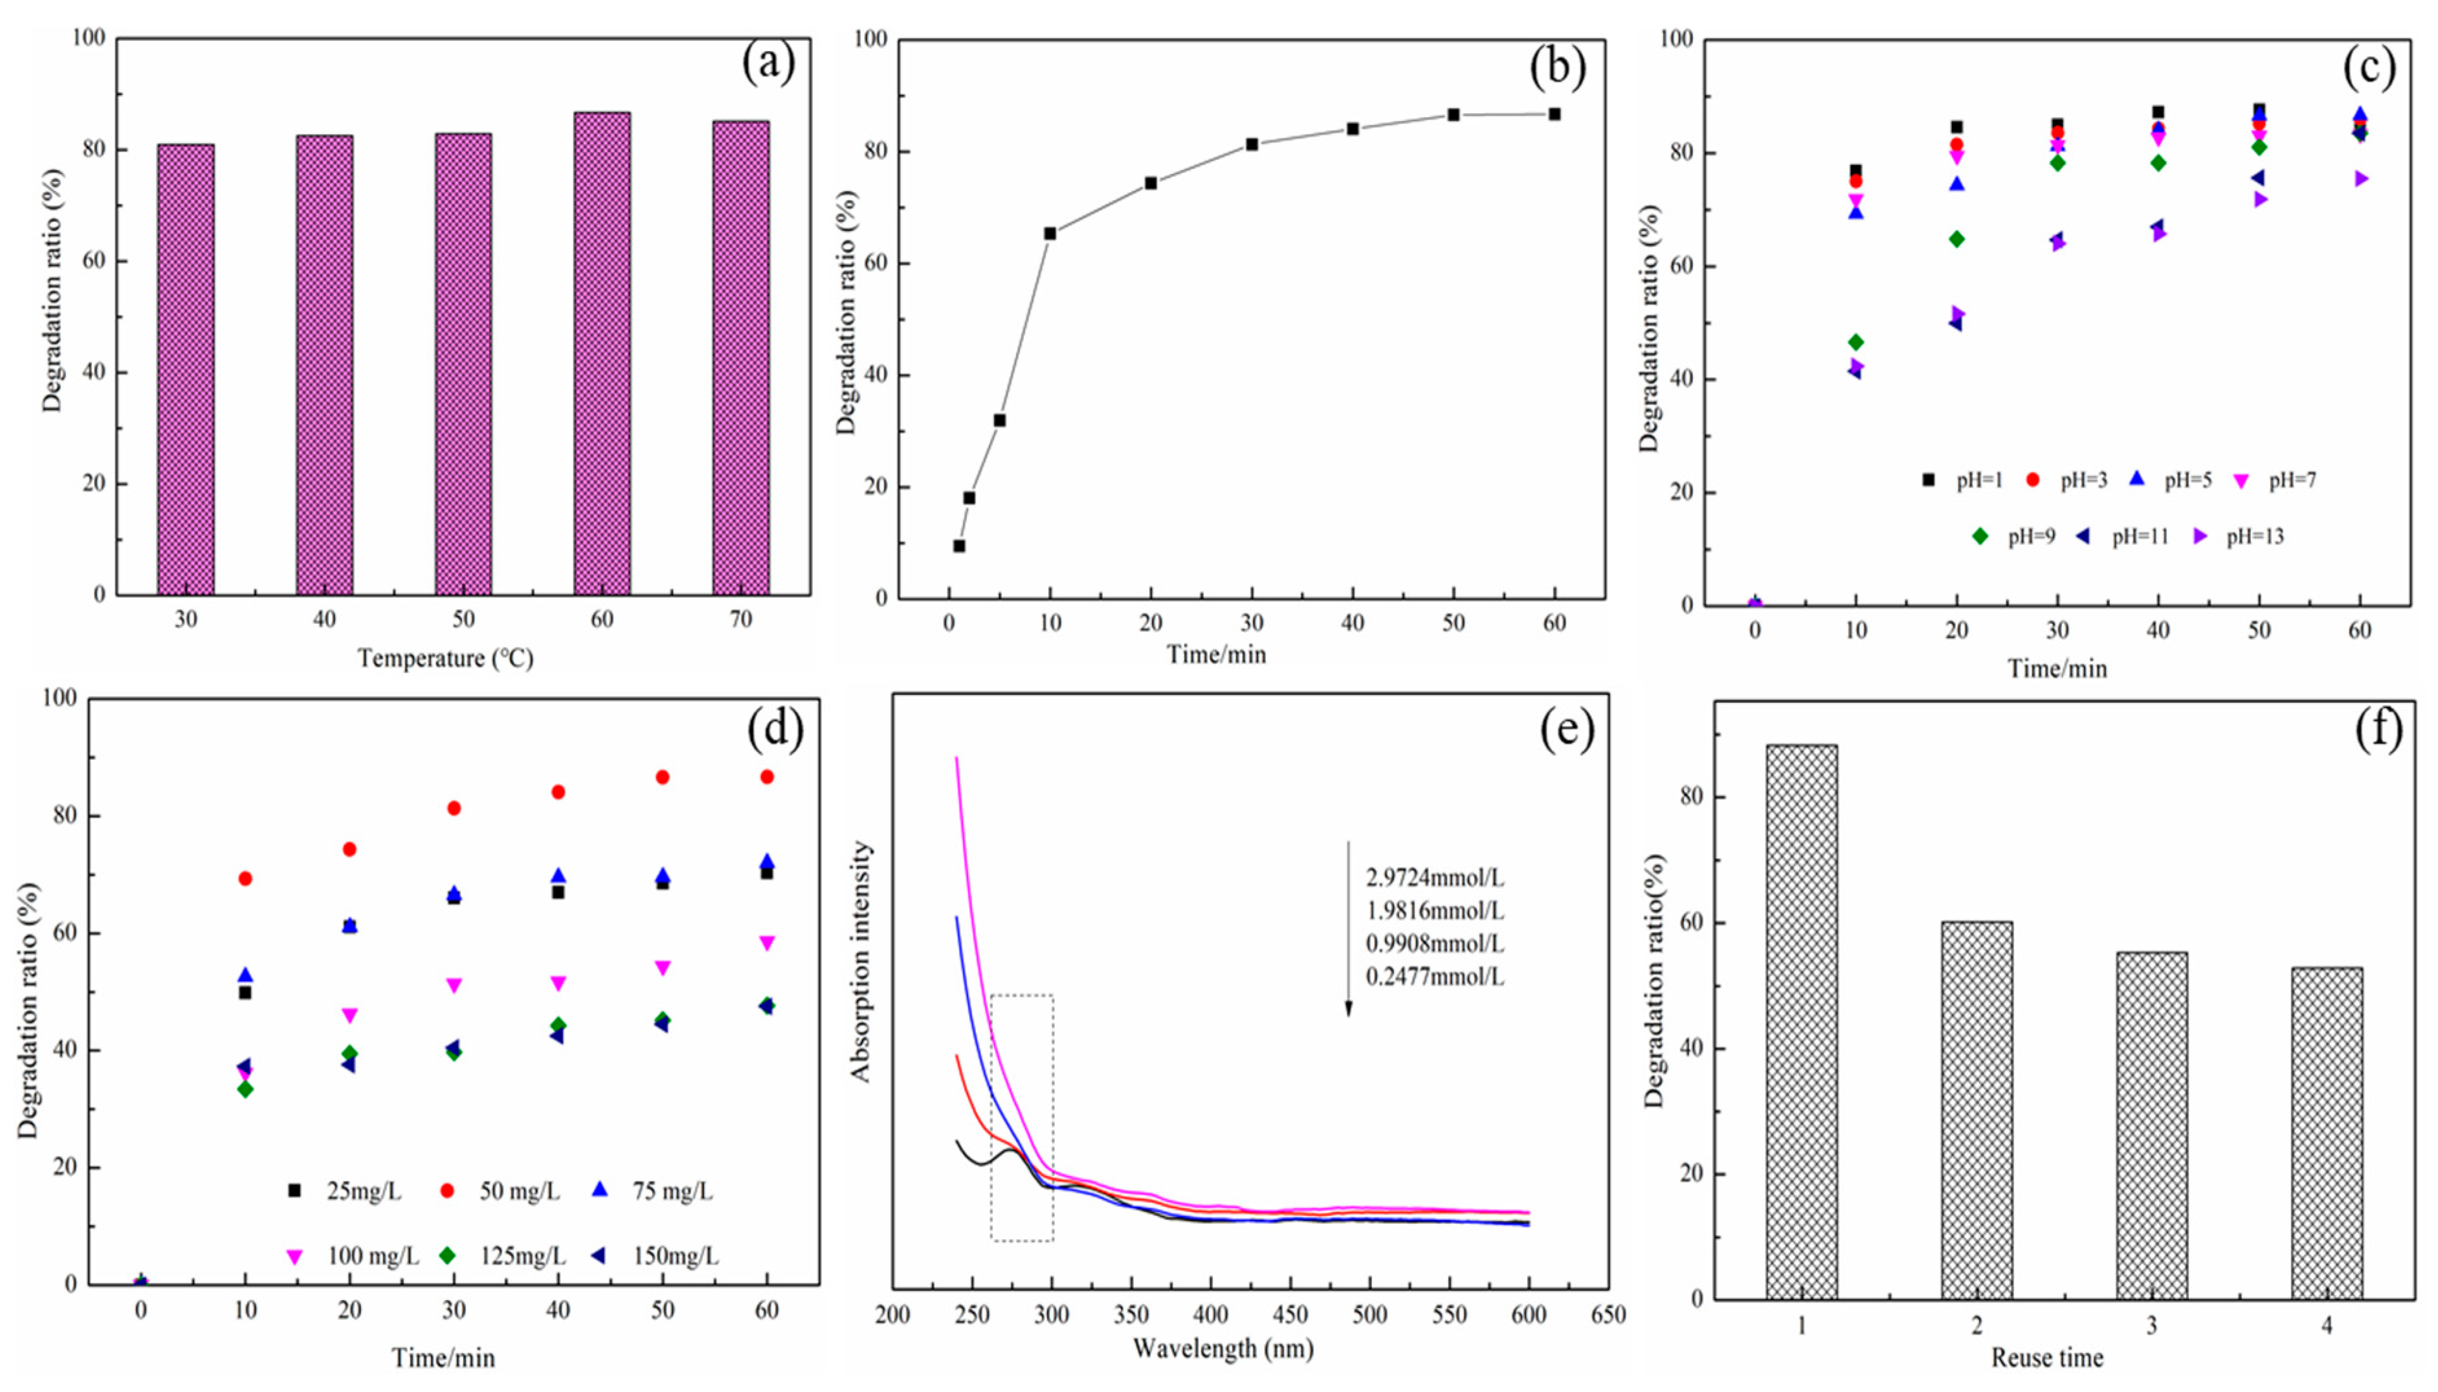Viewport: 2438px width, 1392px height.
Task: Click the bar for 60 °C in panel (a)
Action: click(x=601, y=354)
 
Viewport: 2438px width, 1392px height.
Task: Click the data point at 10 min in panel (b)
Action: click(x=1050, y=233)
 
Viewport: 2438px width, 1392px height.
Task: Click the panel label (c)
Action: click(x=2369, y=67)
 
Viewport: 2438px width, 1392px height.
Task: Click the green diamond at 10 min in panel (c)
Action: click(x=1856, y=342)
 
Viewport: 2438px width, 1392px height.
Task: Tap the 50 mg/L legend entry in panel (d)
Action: click(x=502, y=1191)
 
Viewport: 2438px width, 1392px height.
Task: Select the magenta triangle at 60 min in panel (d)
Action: click(x=767, y=944)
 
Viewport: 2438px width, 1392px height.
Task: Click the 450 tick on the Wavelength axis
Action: click(x=1291, y=1316)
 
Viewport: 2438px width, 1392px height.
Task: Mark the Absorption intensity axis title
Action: click(x=862, y=961)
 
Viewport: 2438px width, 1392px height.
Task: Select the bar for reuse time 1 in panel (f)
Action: click(x=1801, y=1021)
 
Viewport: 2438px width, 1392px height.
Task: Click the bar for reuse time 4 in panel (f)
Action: click(x=2326, y=1133)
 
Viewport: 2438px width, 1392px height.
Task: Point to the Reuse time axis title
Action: click(x=2047, y=1358)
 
